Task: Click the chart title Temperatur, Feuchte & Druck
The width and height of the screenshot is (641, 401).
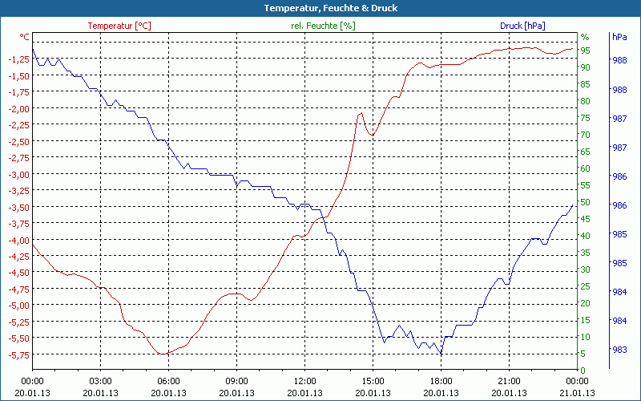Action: point(320,8)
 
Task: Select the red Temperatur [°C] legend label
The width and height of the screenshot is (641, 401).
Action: point(119,26)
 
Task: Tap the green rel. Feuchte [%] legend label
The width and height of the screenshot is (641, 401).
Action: point(323,26)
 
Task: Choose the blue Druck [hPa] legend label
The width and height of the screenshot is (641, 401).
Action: point(522,26)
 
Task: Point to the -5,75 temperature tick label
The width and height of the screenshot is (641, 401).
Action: point(18,354)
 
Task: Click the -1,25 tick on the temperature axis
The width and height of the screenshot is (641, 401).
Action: point(18,59)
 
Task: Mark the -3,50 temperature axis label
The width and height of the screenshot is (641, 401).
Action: point(18,207)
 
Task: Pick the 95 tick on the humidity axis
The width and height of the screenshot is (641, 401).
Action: point(585,51)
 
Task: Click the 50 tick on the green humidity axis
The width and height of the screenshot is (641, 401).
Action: point(585,202)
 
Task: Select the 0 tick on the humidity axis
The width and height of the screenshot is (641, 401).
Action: point(583,371)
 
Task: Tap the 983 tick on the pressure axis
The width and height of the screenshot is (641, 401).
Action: point(619,350)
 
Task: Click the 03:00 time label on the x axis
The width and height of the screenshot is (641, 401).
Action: point(100,381)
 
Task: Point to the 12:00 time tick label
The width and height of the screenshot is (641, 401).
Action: point(304,381)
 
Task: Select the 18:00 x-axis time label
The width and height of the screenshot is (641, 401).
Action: point(441,381)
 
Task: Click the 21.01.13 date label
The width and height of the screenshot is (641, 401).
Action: point(577,393)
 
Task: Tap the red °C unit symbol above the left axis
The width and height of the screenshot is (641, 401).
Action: point(25,37)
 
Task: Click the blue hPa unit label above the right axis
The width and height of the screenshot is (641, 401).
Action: point(619,37)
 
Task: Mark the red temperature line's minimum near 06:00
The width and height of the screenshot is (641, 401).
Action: point(163,354)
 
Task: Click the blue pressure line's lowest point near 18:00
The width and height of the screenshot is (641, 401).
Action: point(440,354)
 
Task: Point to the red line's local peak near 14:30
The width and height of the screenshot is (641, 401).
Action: point(361,113)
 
